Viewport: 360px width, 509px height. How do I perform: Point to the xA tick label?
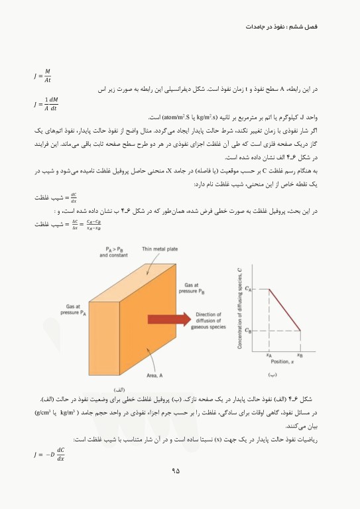point(269,355)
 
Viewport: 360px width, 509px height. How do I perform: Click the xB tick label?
point(300,355)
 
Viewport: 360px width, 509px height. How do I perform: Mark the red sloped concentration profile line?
point(284,310)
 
